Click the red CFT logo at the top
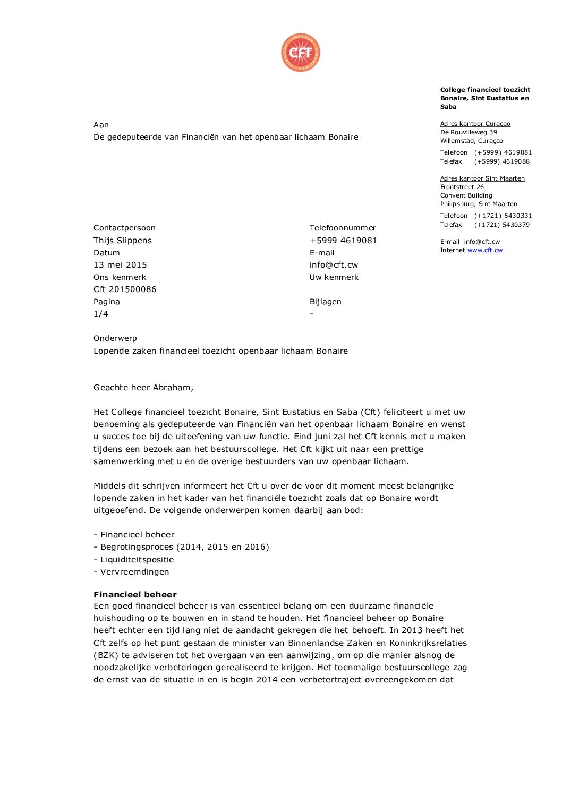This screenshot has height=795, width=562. point(301,53)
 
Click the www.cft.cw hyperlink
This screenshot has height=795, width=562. point(484,250)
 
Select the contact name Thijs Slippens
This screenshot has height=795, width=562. point(123,241)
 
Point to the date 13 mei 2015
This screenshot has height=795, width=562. point(120,265)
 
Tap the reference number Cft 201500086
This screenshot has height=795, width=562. point(125,289)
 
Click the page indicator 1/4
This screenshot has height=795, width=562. point(101,314)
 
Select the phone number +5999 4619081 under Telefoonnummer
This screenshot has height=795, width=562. point(343,241)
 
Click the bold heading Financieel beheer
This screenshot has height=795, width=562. point(135,595)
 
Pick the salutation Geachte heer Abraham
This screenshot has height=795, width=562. point(143,388)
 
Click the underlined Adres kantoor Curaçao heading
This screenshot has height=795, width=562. point(475,124)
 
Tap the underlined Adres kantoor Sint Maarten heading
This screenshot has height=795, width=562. point(482,178)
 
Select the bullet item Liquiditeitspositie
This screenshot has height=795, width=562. point(137,560)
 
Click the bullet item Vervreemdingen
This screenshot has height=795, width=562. point(134,572)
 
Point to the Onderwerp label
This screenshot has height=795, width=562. point(115,338)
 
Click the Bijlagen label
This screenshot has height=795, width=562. point(326,302)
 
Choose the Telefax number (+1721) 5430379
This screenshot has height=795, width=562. point(502,225)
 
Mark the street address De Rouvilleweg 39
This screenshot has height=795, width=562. point(469,132)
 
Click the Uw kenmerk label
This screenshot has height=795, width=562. point(334,277)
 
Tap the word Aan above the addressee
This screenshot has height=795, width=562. point(101,125)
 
